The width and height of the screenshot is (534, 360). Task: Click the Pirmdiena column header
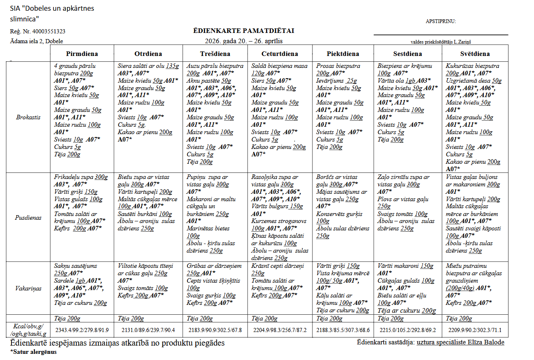coord(82,54)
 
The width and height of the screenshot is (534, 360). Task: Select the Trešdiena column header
coord(215,54)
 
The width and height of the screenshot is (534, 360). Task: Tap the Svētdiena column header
coord(475,54)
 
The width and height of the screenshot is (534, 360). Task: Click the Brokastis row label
coord(28,117)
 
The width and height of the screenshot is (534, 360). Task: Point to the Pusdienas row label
coord(28,218)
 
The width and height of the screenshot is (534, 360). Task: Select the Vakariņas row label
coord(28,288)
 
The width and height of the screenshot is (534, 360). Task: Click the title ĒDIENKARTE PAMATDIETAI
coord(244,31)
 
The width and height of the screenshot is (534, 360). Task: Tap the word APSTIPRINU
coord(441,21)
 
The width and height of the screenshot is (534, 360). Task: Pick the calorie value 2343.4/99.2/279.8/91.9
coord(82,330)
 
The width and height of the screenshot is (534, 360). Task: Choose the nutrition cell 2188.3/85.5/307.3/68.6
coord(343,330)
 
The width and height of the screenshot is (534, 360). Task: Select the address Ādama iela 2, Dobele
coord(37,41)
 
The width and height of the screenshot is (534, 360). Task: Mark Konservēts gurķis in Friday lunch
coord(339,214)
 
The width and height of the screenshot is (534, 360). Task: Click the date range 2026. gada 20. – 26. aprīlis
coord(244,41)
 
